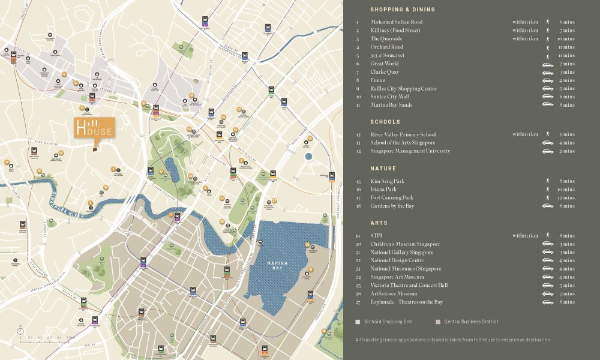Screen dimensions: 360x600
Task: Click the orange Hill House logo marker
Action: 94,128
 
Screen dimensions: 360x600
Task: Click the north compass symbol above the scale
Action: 20,329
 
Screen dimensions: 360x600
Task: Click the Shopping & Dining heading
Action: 403,10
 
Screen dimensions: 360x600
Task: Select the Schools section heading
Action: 385,122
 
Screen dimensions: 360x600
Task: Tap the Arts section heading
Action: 379,223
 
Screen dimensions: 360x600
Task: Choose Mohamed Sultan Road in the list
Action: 396,22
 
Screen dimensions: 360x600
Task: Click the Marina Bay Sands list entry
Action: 391,105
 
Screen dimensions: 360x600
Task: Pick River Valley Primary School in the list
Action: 403,134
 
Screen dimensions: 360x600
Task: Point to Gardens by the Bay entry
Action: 392,206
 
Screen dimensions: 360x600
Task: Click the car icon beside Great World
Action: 547,64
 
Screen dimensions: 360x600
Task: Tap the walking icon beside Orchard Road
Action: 547,47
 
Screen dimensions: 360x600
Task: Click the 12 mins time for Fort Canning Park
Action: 566,197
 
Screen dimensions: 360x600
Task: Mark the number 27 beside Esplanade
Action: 358,302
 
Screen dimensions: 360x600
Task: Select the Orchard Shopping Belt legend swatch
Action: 358,322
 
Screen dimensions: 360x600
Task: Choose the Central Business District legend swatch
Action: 438,322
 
